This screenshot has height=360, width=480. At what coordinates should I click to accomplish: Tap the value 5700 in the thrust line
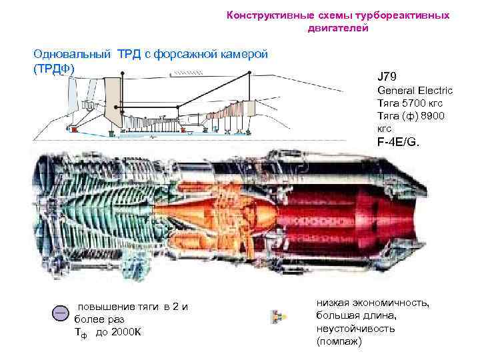click(414, 103)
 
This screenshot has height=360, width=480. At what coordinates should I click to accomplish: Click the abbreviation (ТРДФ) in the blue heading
click(54, 69)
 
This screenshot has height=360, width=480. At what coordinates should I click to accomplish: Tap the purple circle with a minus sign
click(61, 314)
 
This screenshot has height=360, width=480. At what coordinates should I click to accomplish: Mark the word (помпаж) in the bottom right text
click(339, 341)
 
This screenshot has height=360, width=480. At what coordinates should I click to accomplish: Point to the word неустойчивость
click(356, 329)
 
